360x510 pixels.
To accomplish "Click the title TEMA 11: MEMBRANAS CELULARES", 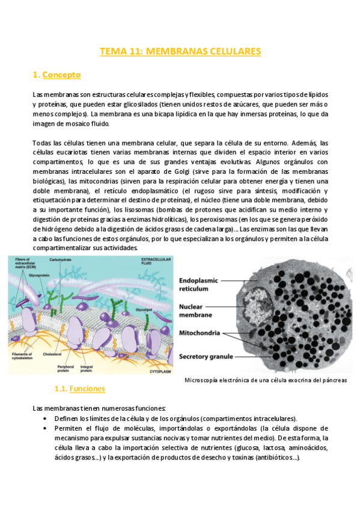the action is [180, 52].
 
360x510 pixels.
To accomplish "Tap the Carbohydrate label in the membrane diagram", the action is [63, 260].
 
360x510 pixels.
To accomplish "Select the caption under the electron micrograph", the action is [266, 380].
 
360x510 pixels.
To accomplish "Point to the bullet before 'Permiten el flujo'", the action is [46, 428].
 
